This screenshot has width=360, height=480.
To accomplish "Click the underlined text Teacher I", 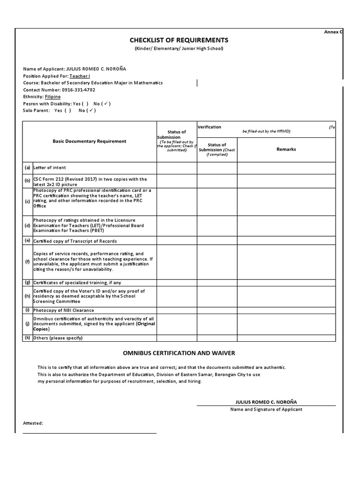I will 80,76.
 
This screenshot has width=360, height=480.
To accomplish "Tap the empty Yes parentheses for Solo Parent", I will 68,111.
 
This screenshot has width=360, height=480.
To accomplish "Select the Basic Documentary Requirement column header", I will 89,141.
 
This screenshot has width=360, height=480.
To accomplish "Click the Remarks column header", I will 286,149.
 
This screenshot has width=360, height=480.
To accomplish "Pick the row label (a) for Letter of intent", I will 28,167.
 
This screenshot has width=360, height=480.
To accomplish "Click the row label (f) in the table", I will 27,261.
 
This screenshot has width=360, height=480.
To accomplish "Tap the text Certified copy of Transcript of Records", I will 75,241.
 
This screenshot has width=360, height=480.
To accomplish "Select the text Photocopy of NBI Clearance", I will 63,310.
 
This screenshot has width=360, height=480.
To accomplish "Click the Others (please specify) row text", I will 59,338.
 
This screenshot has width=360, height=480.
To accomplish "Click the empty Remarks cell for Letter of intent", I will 286,168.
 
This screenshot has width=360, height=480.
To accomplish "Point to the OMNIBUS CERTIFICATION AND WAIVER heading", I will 179,352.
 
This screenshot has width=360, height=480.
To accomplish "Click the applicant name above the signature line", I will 266,402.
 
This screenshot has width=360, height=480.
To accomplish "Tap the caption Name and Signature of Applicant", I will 266,409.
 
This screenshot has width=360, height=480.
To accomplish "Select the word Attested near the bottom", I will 33,423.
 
